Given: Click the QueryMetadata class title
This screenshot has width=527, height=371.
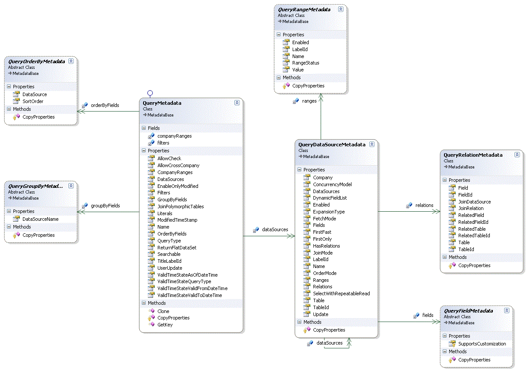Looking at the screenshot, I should click(x=162, y=103).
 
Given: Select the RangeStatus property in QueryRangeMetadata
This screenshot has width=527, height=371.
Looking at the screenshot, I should click(x=305, y=63).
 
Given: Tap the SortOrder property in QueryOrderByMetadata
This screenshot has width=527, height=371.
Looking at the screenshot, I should click(x=33, y=101).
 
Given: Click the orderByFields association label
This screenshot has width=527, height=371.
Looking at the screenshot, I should click(x=105, y=105).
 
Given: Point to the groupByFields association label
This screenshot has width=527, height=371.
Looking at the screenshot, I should click(x=105, y=206).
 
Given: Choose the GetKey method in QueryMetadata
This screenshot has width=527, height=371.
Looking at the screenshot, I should click(x=165, y=325).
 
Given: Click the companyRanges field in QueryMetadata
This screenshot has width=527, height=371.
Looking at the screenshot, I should click(x=174, y=136).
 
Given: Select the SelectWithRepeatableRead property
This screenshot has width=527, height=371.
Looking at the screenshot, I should click(x=341, y=294).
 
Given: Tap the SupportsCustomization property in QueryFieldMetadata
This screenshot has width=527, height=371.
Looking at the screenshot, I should click(x=482, y=344).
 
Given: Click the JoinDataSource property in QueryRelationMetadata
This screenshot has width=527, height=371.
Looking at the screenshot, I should click(x=474, y=202).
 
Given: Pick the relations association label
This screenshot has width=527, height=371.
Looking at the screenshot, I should click(x=424, y=205).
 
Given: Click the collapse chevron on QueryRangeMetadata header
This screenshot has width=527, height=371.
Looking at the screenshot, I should click(x=341, y=9).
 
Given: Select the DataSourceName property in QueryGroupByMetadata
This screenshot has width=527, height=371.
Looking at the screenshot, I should click(x=40, y=219).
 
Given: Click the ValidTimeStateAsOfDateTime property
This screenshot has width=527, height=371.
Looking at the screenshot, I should click(x=187, y=275).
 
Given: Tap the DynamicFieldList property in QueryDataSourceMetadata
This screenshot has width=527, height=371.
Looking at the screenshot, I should click(x=330, y=198).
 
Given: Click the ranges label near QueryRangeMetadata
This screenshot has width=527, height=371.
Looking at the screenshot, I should click(x=309, y=101).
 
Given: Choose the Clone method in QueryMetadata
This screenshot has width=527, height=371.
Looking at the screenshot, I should click(x=163, y=311).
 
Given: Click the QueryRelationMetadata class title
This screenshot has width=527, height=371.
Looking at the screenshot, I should click(x=473, y=155).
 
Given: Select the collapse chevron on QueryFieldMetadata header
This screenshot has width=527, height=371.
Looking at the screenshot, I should click(x=507, y=310).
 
